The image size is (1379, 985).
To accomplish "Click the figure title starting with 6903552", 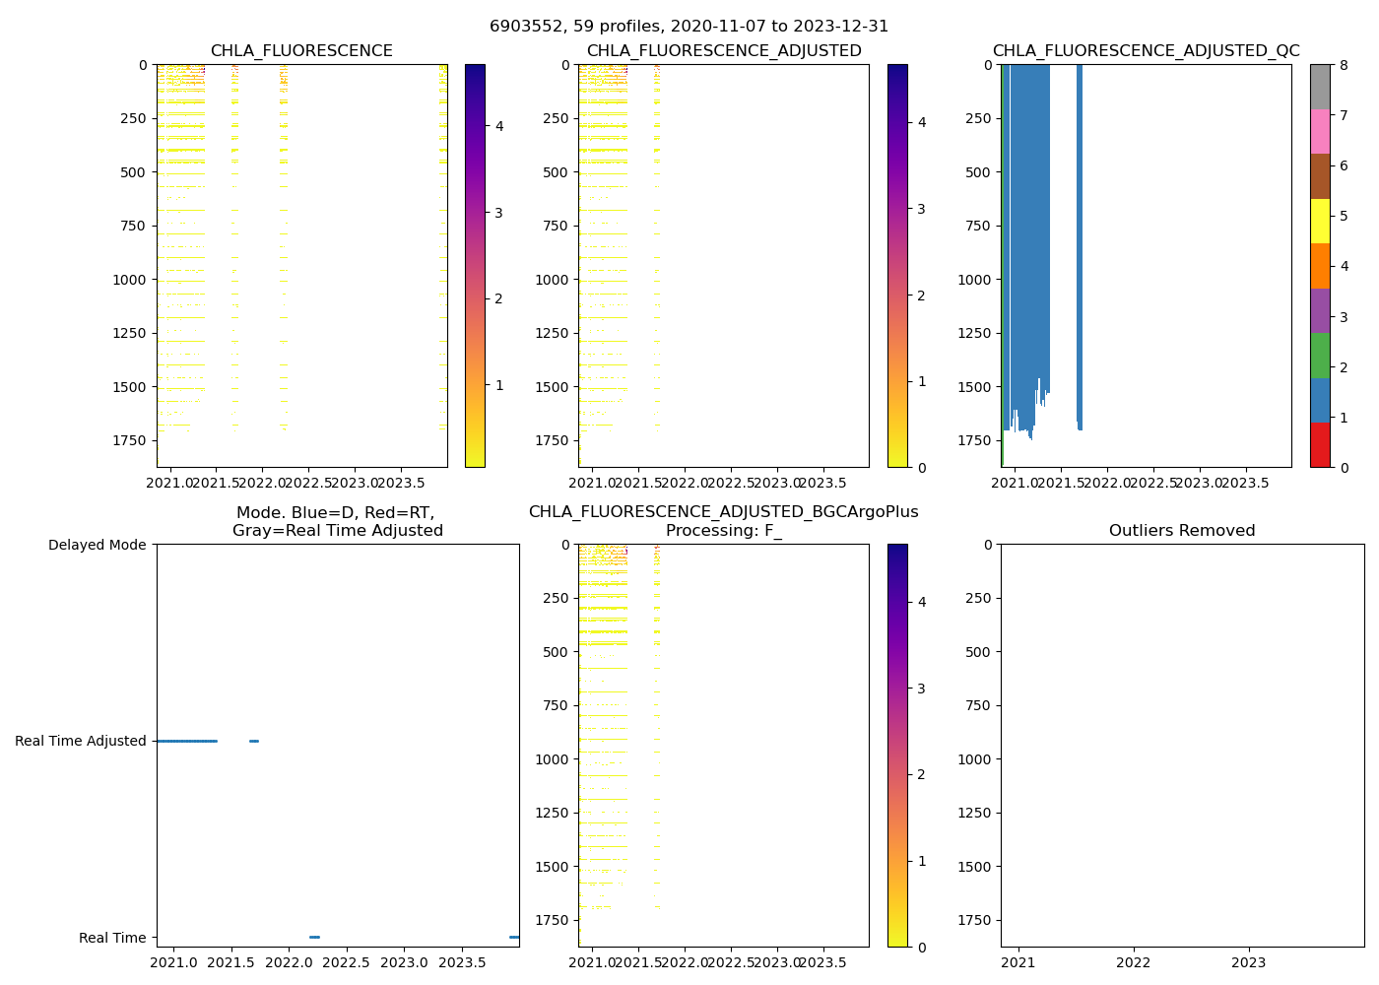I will (689, 27).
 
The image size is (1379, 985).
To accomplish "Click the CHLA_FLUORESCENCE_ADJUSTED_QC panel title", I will (1146, 51).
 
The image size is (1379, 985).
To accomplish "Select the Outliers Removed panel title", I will (1182, 531).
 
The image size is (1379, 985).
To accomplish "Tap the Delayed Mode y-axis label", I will (97, 545).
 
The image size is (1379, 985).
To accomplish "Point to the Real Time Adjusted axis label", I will (80, 741).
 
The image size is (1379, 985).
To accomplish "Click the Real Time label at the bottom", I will (112, 938).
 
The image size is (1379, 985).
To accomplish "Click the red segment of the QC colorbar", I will (1320, 445).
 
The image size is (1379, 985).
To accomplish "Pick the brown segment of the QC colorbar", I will (1320, 176).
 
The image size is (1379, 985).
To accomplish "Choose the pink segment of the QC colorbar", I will (1320, 131).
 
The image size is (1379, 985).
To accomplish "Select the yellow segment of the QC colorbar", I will (1320, 221).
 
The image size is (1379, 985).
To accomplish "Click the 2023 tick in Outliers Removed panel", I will (1249, 961).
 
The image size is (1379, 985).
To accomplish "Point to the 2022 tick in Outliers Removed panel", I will (1134, 961).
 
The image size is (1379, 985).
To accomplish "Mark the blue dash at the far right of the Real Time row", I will (514, 937).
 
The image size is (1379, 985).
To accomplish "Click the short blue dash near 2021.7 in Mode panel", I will (254, 741).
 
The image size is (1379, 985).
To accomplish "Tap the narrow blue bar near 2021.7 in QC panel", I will (1080, 246).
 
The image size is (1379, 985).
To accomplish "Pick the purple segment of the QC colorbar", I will (1320, 310).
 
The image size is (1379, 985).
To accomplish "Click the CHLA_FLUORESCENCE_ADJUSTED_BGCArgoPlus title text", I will (723, 512).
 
